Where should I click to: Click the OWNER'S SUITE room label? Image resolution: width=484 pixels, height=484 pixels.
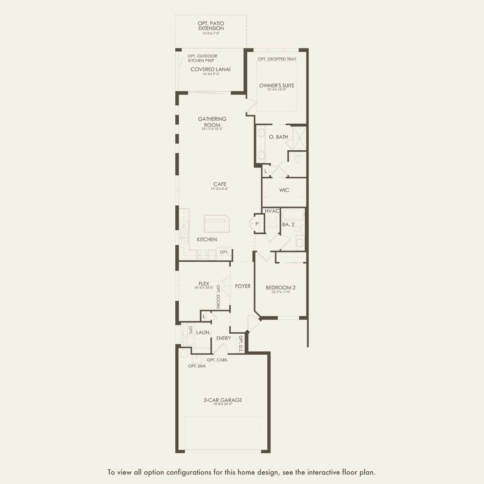click(277, 85)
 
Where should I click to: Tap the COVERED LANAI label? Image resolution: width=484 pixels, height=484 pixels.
click(210, 69)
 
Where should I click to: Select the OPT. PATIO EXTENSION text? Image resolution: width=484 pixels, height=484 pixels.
click(211, 26)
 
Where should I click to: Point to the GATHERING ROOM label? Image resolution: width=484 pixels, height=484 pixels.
click(212, 122)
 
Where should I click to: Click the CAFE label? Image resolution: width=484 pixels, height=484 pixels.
click(220, 184)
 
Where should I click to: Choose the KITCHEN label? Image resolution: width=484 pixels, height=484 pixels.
click(207, 239)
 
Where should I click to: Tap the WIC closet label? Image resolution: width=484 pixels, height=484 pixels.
click(284, 190)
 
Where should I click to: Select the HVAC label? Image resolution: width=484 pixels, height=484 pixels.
click(272, 211)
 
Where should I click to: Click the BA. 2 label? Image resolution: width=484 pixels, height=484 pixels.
click(288, 224)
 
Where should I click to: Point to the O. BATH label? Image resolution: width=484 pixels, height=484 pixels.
click(279, 137)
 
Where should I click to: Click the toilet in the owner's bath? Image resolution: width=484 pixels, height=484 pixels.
click(298, 158)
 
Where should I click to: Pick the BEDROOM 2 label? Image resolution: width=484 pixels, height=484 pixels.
click(281, 288)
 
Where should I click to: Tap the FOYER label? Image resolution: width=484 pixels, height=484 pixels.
click(243, 286)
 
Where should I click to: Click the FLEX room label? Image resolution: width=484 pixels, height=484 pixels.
click(204, 284)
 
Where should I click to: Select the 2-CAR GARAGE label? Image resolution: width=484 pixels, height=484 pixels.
click(223, 400)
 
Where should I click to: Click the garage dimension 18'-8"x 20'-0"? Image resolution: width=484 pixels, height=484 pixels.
click(223, 404)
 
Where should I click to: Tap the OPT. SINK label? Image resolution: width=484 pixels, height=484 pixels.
click(197, 366)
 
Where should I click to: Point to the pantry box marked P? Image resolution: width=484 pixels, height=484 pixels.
click(257, 224)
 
